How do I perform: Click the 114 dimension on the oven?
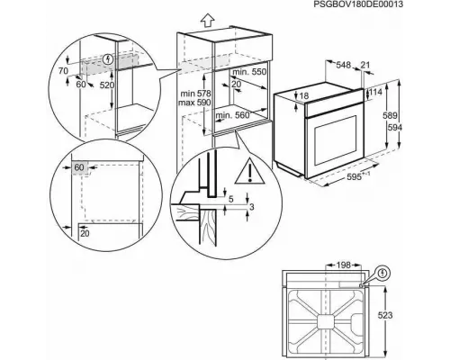375,92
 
